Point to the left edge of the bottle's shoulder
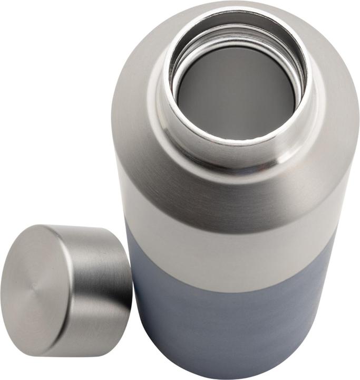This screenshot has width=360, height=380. [x=114, y=132]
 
